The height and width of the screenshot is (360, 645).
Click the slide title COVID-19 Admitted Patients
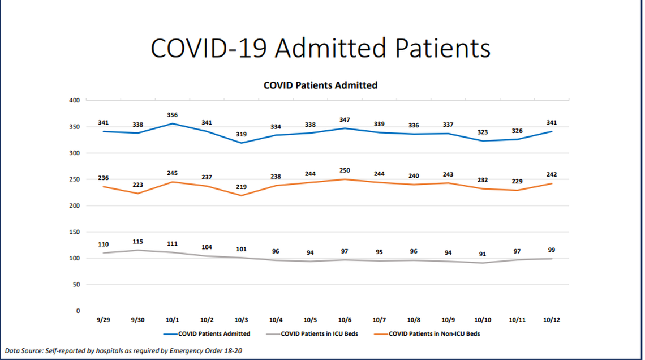pyautogui.click(x=320, y=48)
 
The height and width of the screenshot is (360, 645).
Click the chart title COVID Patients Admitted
pyautogui.click(x=320, y=85)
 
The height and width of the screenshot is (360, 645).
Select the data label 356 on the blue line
pyautogui.click(x=173, y=114)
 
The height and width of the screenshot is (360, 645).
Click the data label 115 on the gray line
pyautogui.click(x=137, y=242)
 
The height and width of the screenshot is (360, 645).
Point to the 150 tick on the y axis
pyautogui.click(x=74, y=232)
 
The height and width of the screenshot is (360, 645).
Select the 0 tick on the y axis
pyautogui.click(x=78, y=311)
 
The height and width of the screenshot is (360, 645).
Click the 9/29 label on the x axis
pyautogui.click(x=102, y=320)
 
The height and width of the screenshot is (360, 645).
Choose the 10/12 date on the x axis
pyautogui.click(x=552, y=320)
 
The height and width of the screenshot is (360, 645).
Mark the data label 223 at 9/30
pyautogui.click(x=137, y=185)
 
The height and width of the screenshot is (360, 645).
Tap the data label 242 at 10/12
pyautogui.click(x=552, y=175)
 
